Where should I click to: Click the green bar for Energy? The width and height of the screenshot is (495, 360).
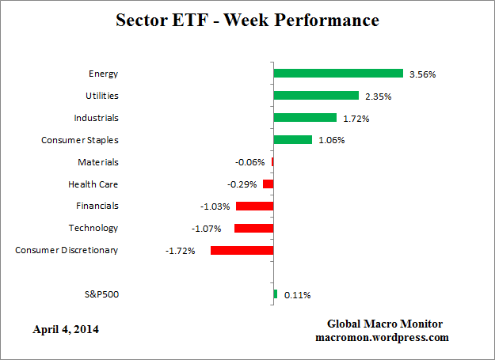pyautogui.click(x=338, y=74)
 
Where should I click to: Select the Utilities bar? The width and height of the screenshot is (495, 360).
pyautogui.click(x=316, y=96)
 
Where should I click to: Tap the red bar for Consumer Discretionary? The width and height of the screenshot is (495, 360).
pyautogui.click(x=242, y=250)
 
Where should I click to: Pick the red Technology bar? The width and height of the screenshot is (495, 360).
pyautogui.click(x=253, y=228)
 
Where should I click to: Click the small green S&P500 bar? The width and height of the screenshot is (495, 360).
pyautogui.click(x=275, y=294)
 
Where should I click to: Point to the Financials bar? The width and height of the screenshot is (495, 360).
pyautogui.click(x=254, y=206)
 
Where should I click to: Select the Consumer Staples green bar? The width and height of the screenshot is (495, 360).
pyautogui.click(x=292, y=140)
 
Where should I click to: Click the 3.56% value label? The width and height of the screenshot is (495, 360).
pyautogui.click(x=423, y=74)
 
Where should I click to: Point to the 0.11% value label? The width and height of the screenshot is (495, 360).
pyautogui.click(x=298, y=295)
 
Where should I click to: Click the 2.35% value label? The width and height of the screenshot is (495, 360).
pyautogui.click(x=379, y=97)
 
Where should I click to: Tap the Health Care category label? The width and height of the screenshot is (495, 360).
pyautogui.click(x=93, y=184)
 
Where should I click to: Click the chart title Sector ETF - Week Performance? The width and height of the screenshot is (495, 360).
pyautogui.click(x=247, y=20)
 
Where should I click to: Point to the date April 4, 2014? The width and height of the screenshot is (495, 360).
pyautogui.click(x=67, y=328)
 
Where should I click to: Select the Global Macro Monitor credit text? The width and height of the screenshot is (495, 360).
pyautogui.click(x=385, y=324)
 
